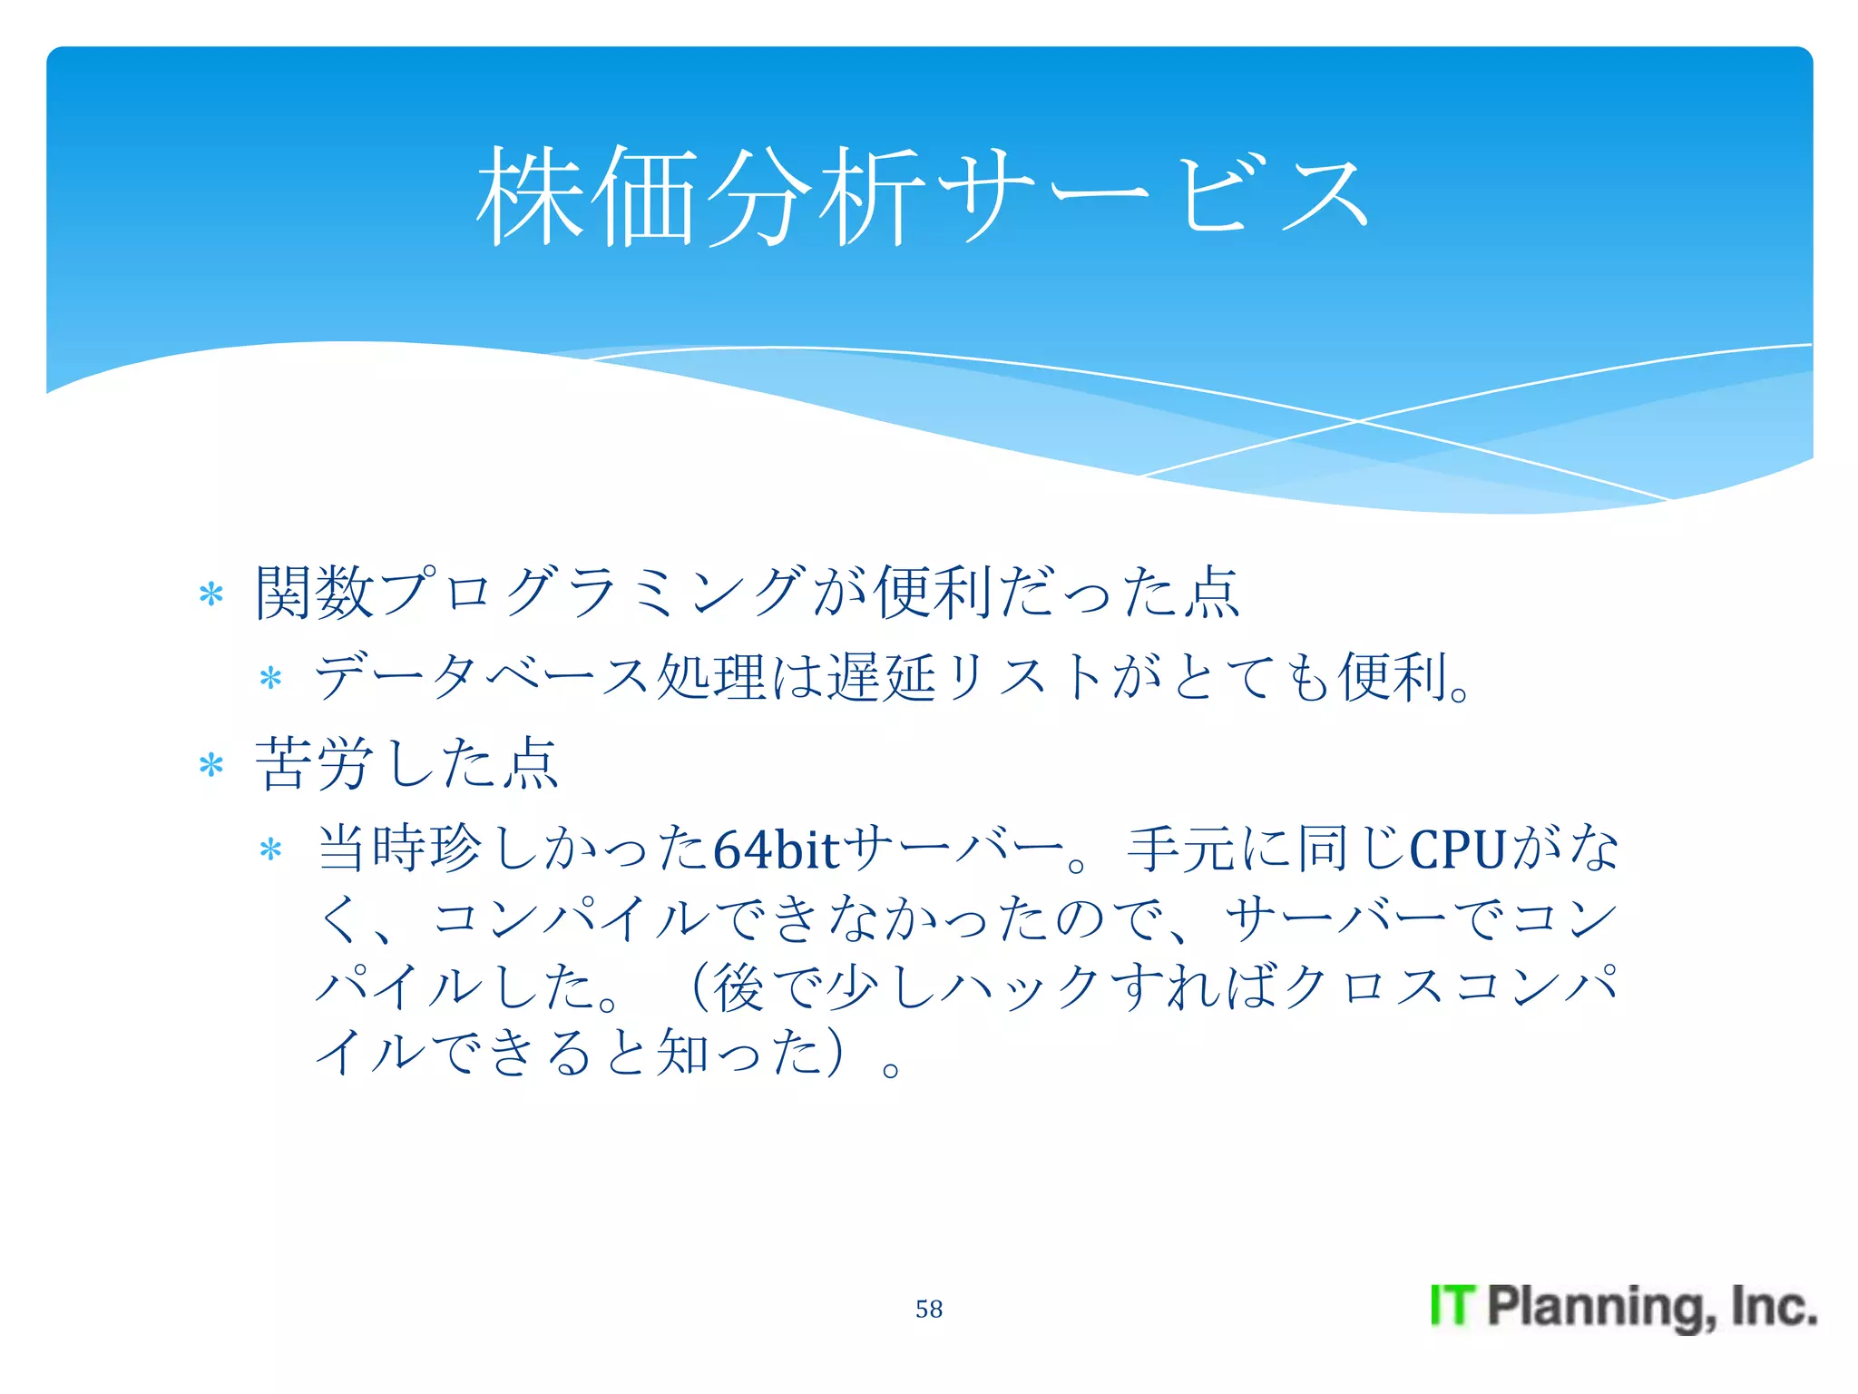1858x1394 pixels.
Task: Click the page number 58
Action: pos(928,1309)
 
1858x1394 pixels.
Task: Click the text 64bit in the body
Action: pos(777,850)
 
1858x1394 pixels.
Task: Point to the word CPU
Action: pos(1457,850)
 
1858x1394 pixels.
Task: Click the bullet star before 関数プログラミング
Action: pos(211,594)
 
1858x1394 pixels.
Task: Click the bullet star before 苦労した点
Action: pos(211,765)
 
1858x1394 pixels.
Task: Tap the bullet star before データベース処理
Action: pos(270,678)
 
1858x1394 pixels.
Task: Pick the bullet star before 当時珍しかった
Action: pos(270,850)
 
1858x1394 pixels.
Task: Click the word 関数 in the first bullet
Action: pos(314,593)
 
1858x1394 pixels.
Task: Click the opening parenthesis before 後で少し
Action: pos(699,987)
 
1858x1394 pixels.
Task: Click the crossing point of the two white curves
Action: pos(1358,421)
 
